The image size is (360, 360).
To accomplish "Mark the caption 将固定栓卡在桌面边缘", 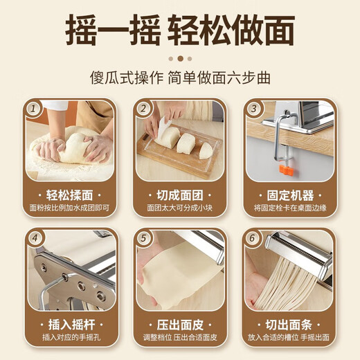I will [x=291, y=208].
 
